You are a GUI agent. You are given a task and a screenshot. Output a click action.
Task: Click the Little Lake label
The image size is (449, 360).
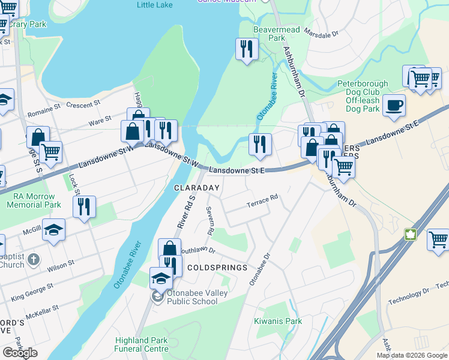154,5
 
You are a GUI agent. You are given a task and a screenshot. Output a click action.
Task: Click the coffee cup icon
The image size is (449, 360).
394,105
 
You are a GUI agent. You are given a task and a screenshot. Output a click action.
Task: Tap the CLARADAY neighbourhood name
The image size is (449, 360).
197,188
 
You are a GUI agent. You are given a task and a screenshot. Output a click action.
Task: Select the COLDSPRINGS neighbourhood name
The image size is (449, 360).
217,267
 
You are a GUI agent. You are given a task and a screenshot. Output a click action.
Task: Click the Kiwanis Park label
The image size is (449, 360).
277,321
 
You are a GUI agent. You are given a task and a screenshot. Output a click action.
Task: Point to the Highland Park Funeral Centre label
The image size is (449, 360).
142,344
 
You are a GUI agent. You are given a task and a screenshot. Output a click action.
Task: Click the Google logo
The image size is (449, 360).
20,352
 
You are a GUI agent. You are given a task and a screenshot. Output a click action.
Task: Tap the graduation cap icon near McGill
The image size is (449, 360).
54,230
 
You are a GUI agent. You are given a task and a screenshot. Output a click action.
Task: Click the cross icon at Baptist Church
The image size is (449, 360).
34,260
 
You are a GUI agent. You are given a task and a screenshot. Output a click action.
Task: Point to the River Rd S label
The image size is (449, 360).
185,211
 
